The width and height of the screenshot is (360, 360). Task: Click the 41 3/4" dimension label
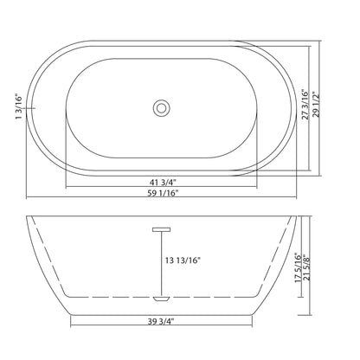[x=163, y=182]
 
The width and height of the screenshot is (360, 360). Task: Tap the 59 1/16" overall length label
[x=163, y=193]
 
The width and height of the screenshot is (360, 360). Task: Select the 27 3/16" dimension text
[x=305, y=105]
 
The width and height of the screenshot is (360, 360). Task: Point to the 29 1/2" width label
[x=316, y=106]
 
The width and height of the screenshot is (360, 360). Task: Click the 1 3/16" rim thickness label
[x=18, y=106]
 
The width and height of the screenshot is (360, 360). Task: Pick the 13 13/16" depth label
[x=183, y=260]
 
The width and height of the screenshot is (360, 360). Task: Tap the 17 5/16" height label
[x=298, y=268]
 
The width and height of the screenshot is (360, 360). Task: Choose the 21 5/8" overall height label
[x=306, y=268]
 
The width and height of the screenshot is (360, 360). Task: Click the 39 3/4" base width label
[x=162, y=321]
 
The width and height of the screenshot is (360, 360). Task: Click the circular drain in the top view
[x=161, y=108]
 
